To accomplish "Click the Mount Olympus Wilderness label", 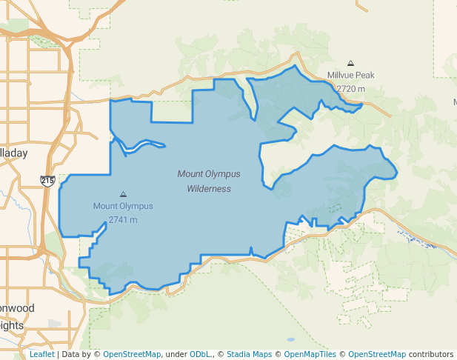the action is click(209, 181).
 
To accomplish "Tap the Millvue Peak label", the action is click(350, 75).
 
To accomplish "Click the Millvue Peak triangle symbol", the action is click(350, 64).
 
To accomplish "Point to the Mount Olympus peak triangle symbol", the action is click(123, 194).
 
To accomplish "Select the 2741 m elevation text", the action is click(123, 219).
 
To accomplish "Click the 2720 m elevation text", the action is click(350, 89).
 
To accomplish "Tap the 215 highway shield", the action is click(47, 180).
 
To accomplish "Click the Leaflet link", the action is click(41, 355).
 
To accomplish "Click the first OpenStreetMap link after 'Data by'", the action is click(132, 355).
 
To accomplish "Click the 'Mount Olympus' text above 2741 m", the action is click(123, 206).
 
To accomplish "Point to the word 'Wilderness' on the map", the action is click(209, 189).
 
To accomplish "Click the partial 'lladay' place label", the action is click(13, 153).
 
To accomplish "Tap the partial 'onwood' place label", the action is click(17, 308).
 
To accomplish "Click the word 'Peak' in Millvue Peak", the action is click(364, 75).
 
